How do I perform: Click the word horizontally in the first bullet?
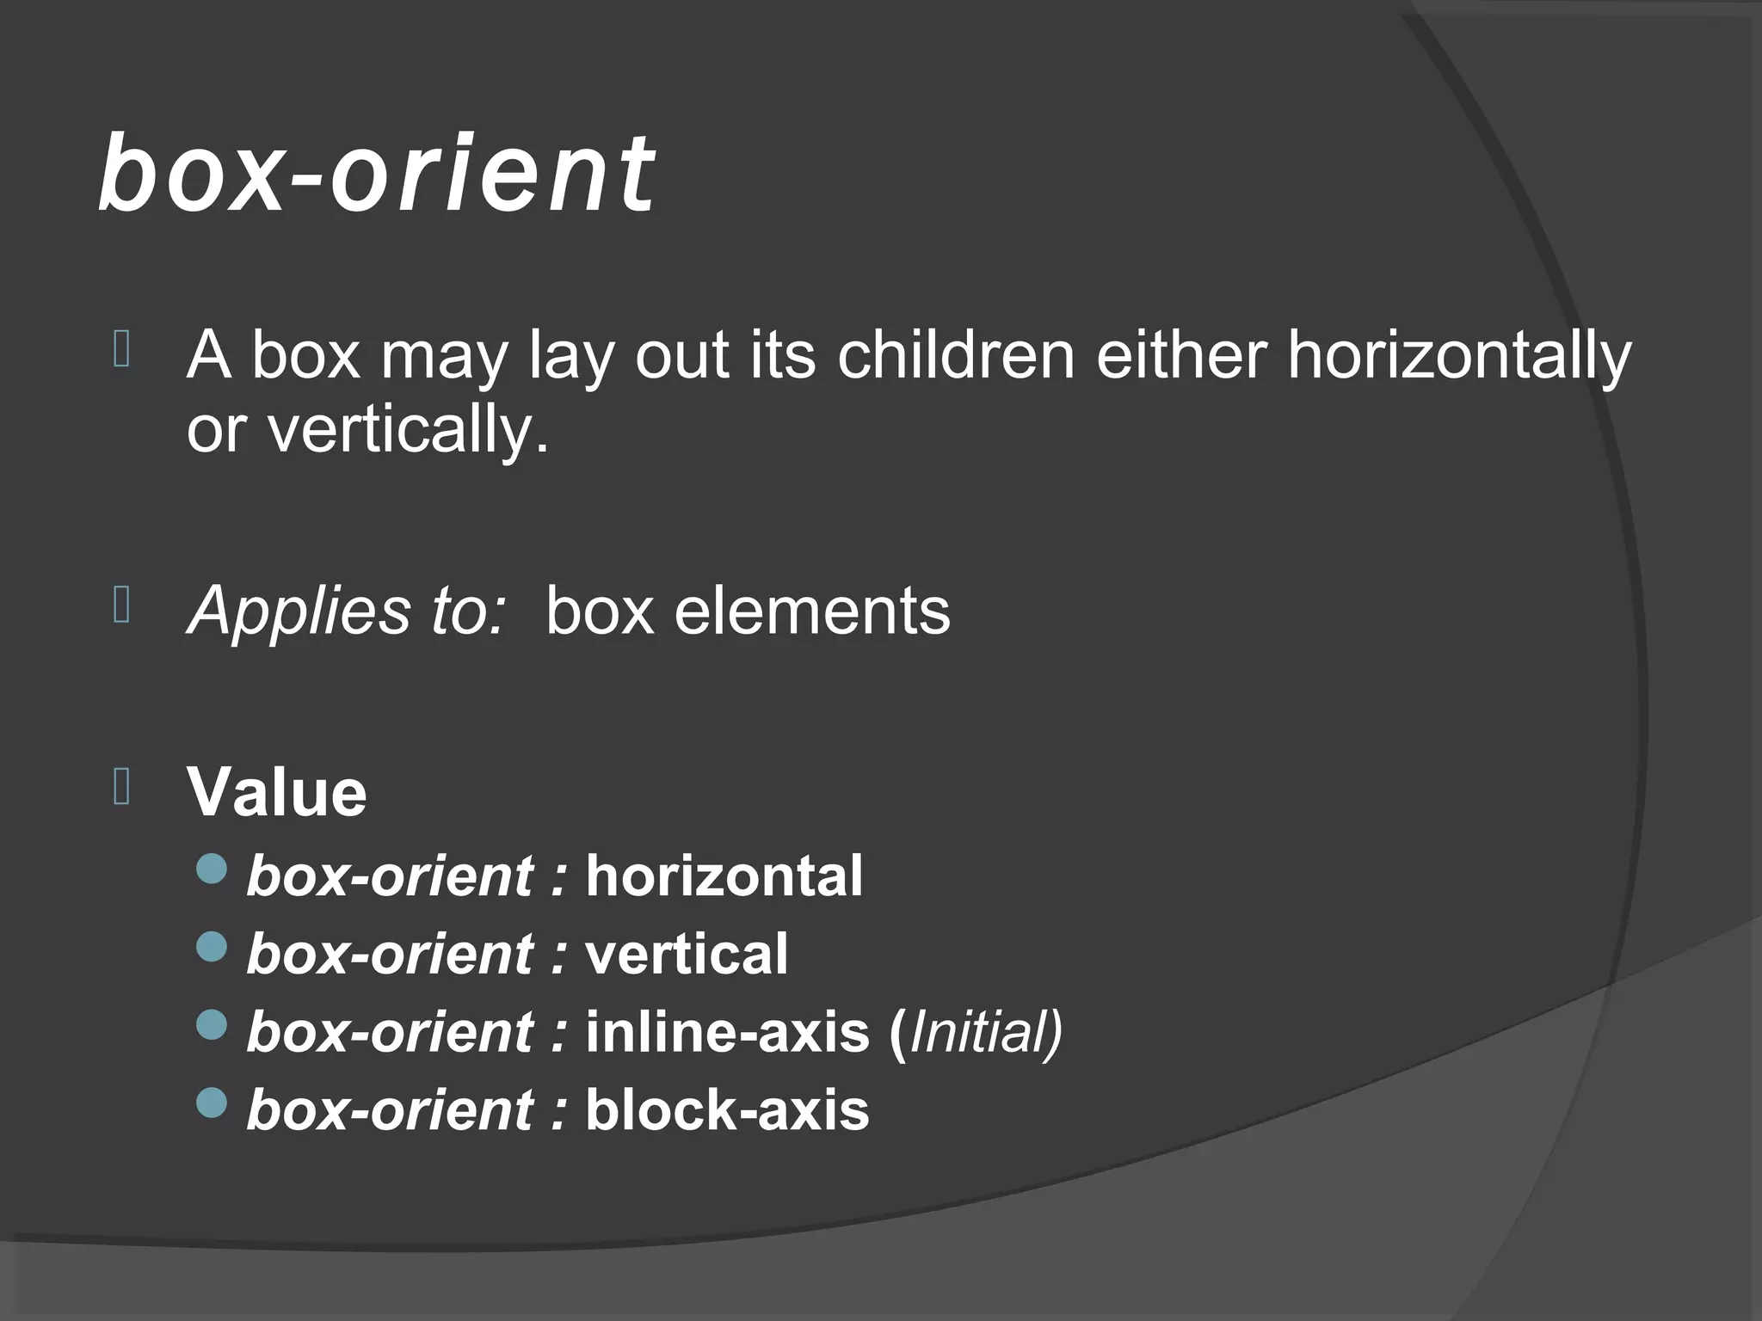point(1458,356)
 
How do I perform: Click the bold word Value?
point(277,792)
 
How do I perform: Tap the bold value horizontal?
point(724,876)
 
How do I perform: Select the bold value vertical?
point(686,954)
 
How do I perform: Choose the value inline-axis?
point(727,1032)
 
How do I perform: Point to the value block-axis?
point(727,1109)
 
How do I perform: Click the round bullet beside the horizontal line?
point(212,869)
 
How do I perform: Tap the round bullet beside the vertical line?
point(212,947)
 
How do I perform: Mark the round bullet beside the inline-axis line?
point(212,1024)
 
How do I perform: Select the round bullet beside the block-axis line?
point(212,1102)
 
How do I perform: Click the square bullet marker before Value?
point(121,786)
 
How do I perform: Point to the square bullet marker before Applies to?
point(121,605)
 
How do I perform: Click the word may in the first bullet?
point(444,356)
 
